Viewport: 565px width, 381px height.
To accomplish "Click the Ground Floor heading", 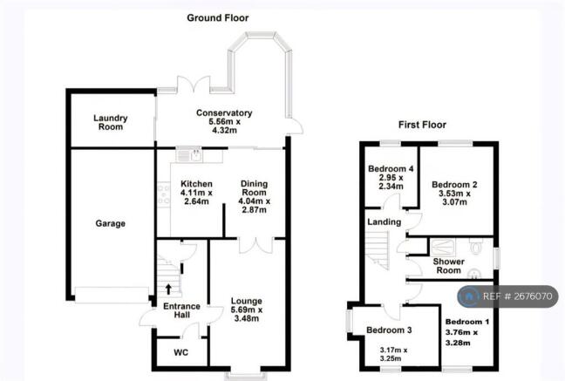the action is pyautogui.click(x=218, y=17).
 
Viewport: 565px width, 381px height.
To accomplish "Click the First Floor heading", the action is pyautogui.click(x=422, y=125).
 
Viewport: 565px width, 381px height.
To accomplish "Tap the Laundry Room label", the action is pyautogui.click(x=111, y=123).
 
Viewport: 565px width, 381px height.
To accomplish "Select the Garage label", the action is pyautogui.click(x=110, y=223).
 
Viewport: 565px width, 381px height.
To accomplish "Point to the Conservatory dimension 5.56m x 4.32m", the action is pyautogui.click(x=224, y=126).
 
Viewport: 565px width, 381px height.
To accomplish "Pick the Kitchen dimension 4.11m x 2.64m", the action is pyautogui.click(x=196, y=197).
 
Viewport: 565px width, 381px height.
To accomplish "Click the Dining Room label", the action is pyautogui.click(x=254, y=188).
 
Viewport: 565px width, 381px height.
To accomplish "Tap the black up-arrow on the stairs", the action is pyautogui.click(x=168, y=289).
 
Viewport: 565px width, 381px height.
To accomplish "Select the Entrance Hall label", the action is pyautogui.click(x=181, y=310).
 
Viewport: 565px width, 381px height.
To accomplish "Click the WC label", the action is pyautogui.click(x=180, y=352).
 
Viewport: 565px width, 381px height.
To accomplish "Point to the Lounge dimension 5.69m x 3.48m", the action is pyautogui.click(x=247, y=314).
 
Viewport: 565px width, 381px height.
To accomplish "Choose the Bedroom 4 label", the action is pyautogui.click(x=391, y=168).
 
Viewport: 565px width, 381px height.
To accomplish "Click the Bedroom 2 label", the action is pyautogui.click(x=454, y=185).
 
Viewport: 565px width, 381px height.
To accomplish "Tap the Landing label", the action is pyautogui.click(x=385, y=222).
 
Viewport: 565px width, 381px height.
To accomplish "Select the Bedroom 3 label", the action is pyautogui.click(x=389, y=330).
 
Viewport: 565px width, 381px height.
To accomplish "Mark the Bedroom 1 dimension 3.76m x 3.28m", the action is pyautogui.click(x=461, y=337).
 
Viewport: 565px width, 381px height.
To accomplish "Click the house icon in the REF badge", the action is pyautogui.click(x=469, y=296).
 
